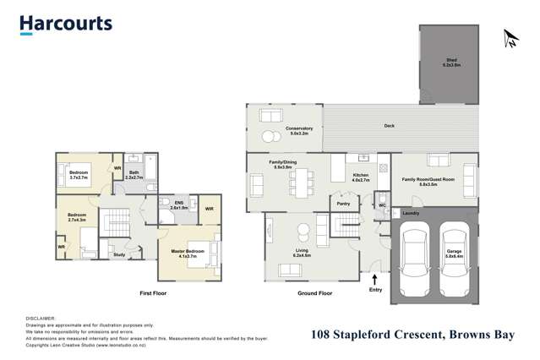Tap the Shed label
[x=452, y=61]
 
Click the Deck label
[x=389, y=126]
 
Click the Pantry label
[x=343, y=204]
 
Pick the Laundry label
[x=412, y=213]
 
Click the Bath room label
[x=134, y=175]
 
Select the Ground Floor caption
[x=314, y=293]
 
